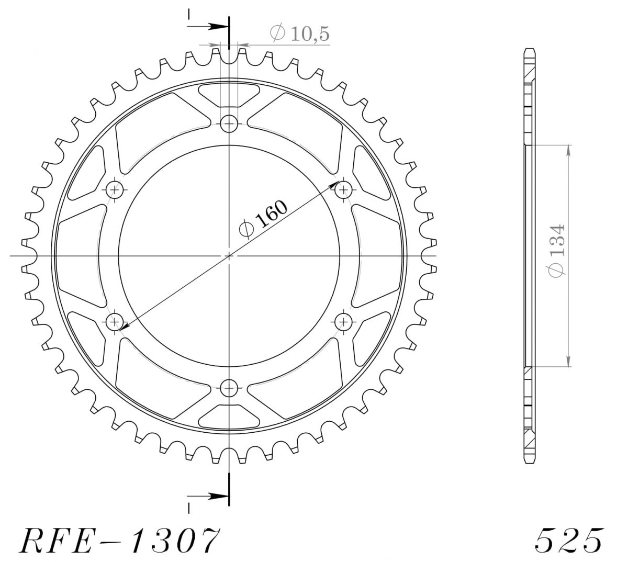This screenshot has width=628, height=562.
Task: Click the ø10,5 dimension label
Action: [x=299, y=33]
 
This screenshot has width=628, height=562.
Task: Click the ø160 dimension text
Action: [x=263, y=219]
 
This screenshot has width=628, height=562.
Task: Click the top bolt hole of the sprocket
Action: [x=229, y=123]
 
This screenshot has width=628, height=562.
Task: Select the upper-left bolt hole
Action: [x=115, y=189]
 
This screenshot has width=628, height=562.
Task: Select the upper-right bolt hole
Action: [x=343, y=189]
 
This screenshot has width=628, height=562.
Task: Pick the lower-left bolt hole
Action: [x=115, y=322]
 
